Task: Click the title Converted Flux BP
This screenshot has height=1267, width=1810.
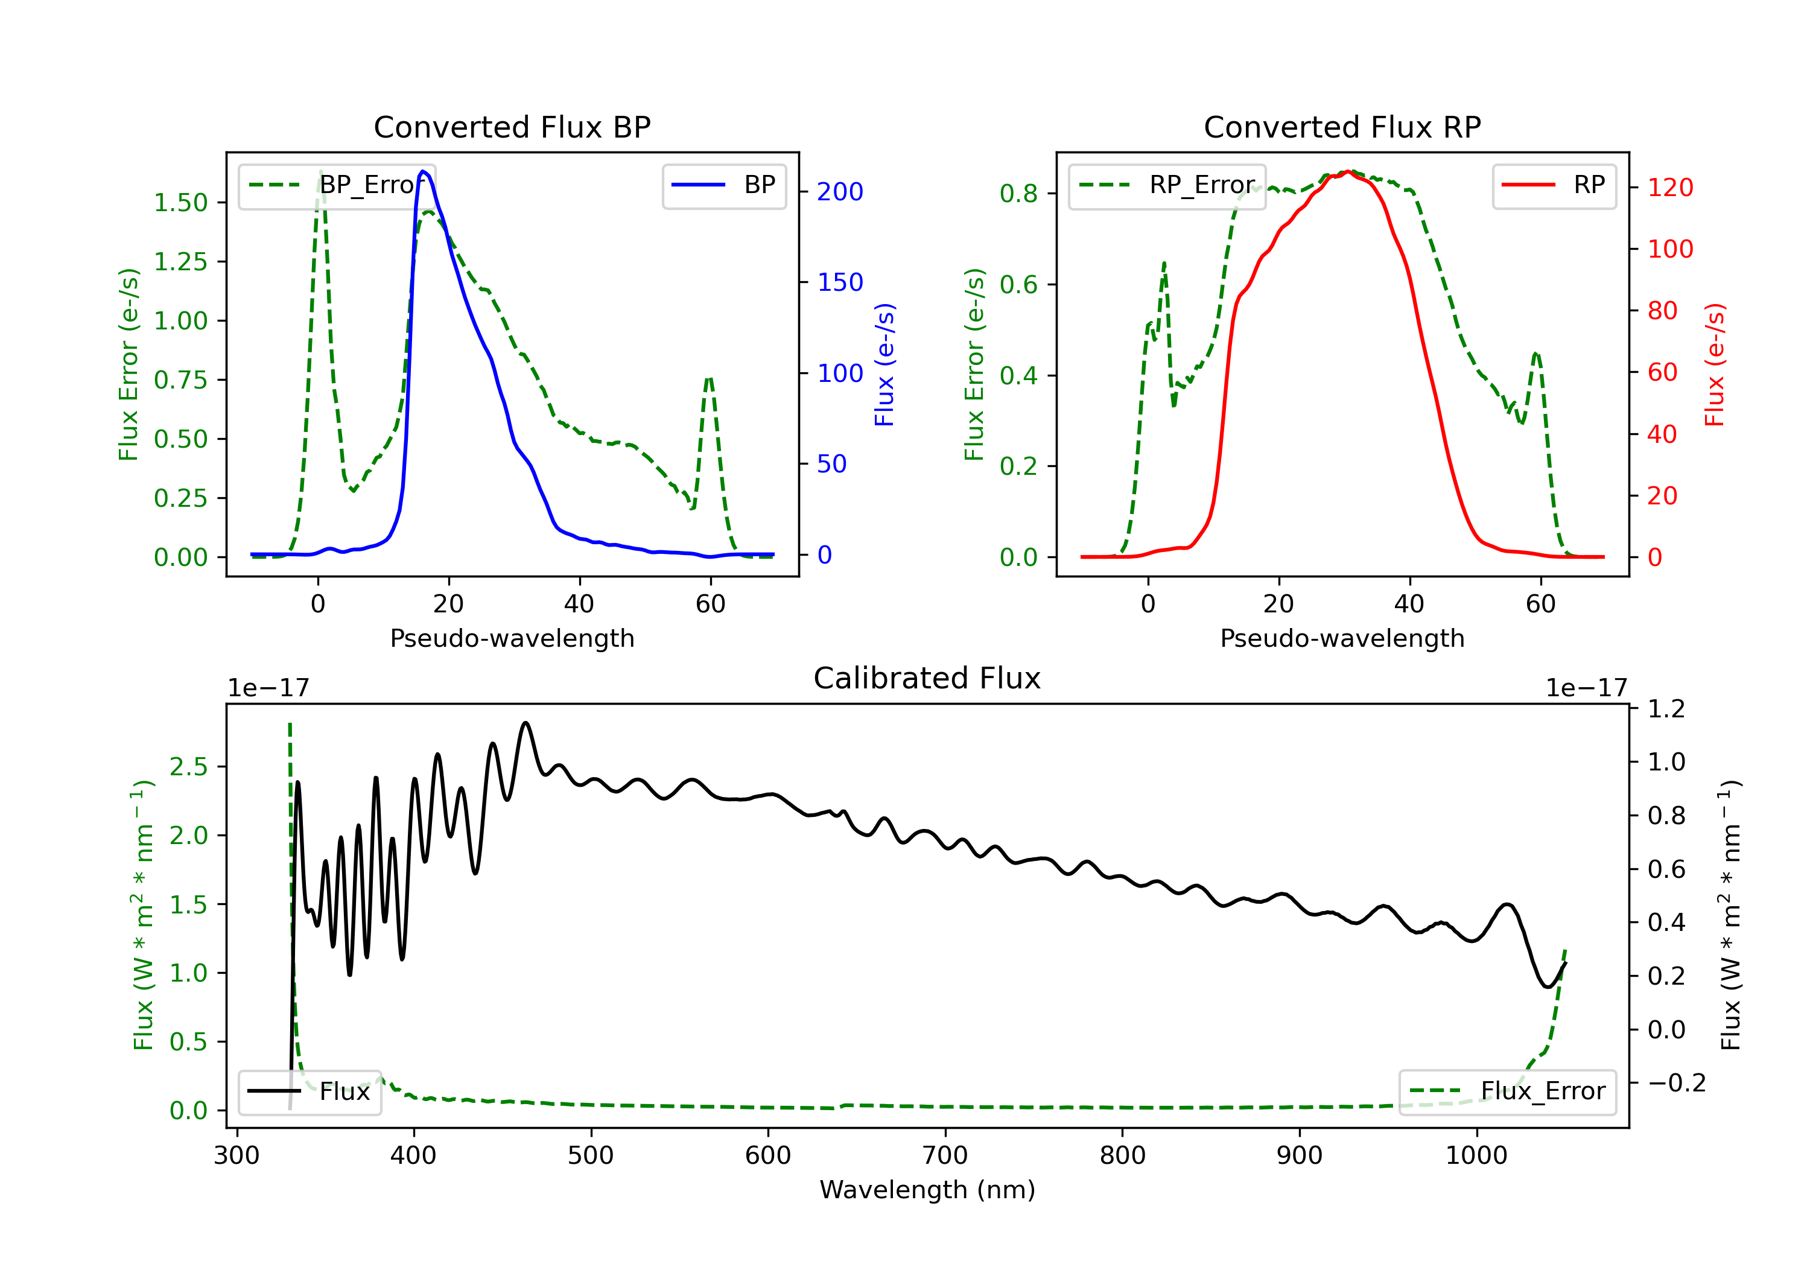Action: [512, 127]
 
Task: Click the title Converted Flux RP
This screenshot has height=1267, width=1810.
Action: [1342, 127]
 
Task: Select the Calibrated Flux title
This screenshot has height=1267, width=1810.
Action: [927, 678]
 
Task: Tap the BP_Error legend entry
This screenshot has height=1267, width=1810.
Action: [337, 185]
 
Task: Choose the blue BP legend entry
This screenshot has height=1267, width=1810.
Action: [723, 185]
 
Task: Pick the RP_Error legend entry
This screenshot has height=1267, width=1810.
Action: [1167, 185]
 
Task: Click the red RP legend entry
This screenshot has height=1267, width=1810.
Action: [1554, 185]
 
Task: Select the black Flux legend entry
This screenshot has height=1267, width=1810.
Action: [309, 1092]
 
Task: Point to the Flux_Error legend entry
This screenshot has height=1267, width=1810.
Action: [1507, 1092]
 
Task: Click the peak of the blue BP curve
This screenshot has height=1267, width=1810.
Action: [424, 171]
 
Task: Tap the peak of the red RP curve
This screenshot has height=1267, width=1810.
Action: [1350, 171]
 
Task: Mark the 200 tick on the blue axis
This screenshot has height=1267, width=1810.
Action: [840, 192]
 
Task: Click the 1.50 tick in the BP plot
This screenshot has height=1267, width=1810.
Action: [180, 203]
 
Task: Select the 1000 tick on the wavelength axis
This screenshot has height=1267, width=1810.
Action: [1476, 1156]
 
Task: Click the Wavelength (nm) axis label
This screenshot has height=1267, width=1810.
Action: [927, 1190]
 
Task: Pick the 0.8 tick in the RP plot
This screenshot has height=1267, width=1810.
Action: [1018, 193]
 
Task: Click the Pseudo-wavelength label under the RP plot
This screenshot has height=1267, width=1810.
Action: [1342, 638]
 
